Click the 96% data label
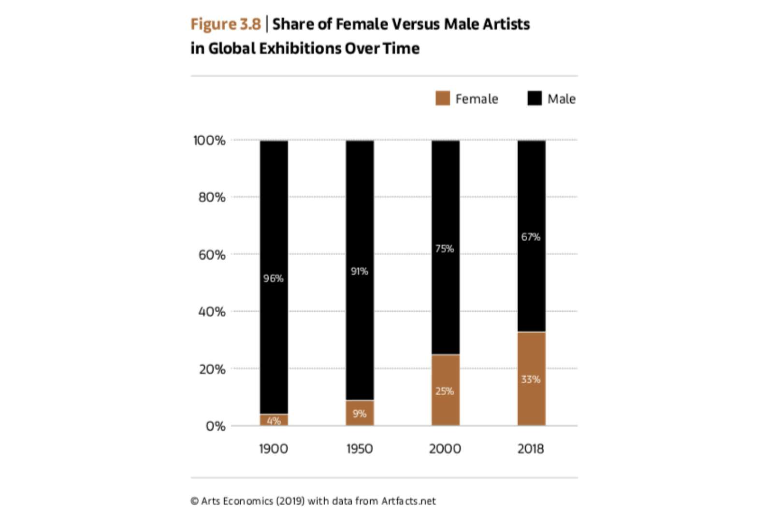point(274,278)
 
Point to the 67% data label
point(531,237)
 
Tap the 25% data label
point(445,391)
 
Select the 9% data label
point(360,414)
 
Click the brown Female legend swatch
point(442,99)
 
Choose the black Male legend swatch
point(535,99)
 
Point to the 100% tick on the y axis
point(209,141)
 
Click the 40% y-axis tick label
point(212,312)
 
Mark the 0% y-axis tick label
point(216,426)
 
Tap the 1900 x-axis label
point(274,449)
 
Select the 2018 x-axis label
point(531,449)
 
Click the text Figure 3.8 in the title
point(225,24)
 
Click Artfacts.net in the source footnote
point(408,501)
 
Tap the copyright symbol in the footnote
point(194,501)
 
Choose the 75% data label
point(445,249)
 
